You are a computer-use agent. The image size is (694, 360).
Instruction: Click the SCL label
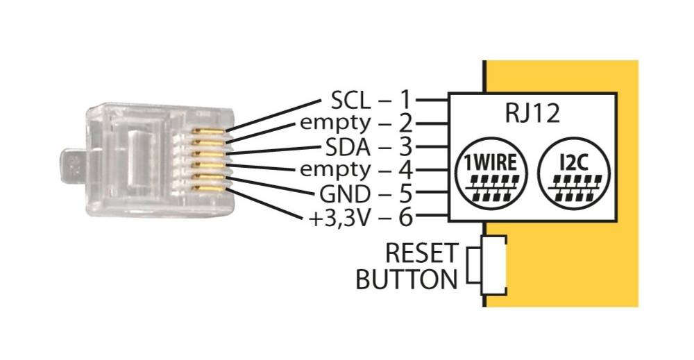coord(350,101)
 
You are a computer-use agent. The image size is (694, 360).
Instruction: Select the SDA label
coord(348,147)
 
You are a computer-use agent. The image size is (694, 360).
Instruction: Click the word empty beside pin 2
coord(335,124)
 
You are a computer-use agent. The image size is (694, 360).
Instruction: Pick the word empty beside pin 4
coord(335,171)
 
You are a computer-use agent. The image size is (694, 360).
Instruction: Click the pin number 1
coord(405,100)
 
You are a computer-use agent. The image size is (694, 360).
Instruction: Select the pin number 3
coord(405,147)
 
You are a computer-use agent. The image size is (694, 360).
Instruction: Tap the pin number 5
coord(405,194)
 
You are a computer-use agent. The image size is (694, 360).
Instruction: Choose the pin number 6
coord(405,218)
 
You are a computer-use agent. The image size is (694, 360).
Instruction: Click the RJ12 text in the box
coord(532,113)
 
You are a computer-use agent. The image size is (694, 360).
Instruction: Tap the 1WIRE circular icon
coord(492,173)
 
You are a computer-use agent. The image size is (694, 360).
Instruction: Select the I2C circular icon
coord(574,173)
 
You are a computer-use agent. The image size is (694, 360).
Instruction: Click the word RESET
coord(421,253)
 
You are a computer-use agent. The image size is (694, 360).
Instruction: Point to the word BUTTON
coord(406,280)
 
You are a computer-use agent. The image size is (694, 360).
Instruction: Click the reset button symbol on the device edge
coord(487,266)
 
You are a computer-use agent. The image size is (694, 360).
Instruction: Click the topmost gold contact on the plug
coord(208,131)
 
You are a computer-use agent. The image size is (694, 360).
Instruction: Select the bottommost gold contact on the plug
coord(208,189)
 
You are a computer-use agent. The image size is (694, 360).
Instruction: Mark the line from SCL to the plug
coord(273,115)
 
